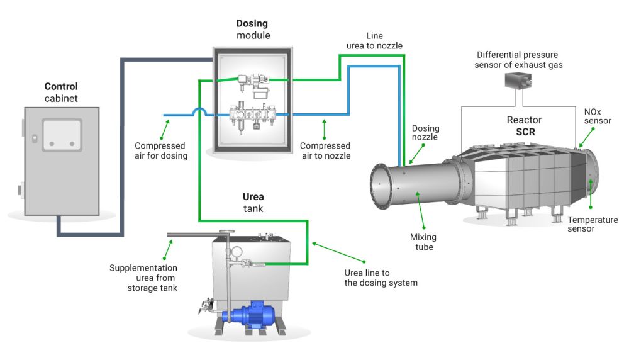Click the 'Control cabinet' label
pos(61,93)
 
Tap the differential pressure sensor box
pos(518,81)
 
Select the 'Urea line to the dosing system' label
pos(381,278)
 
